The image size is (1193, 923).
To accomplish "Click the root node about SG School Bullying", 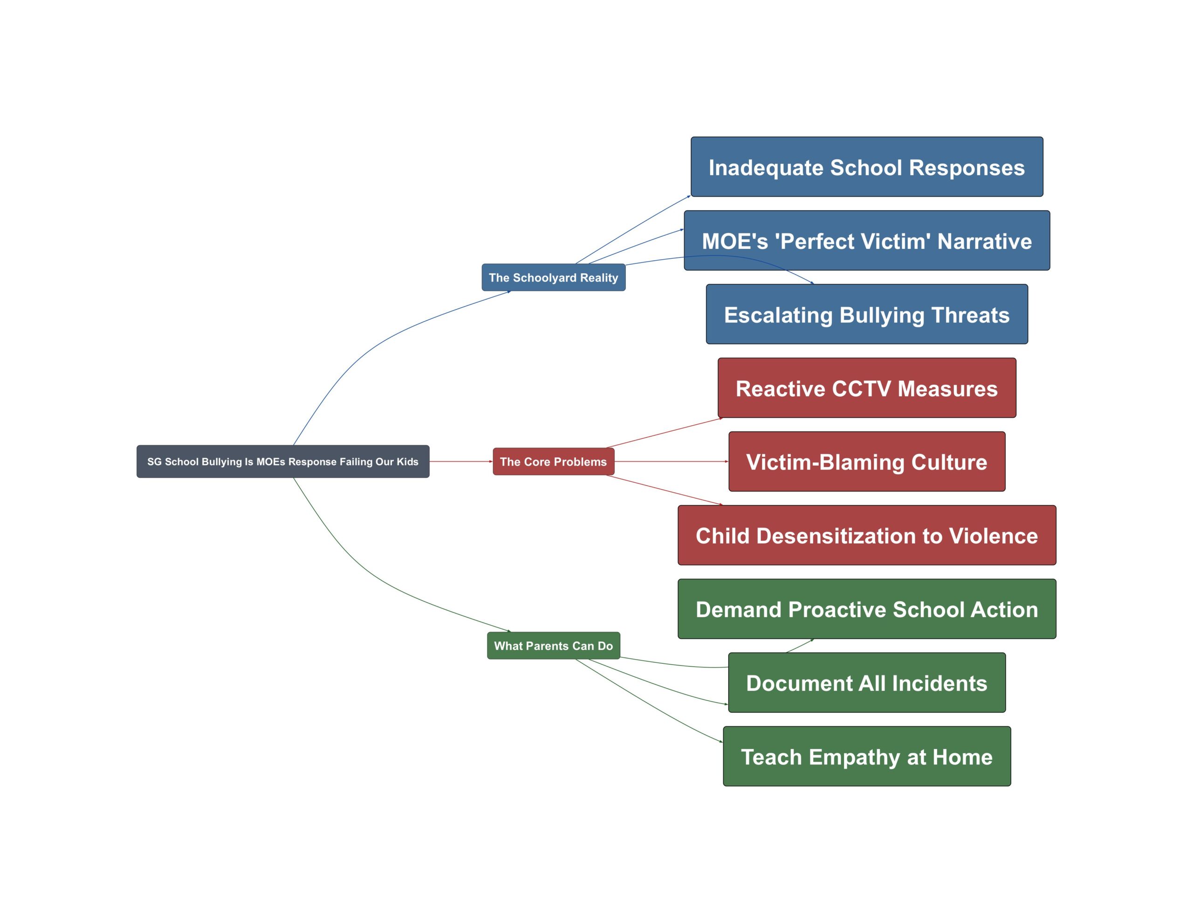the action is point(283,461).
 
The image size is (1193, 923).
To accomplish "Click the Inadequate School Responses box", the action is point(867,167).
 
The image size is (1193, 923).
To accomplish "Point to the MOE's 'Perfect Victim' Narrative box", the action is point(867,241).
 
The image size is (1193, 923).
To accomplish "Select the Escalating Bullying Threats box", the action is point(867,314).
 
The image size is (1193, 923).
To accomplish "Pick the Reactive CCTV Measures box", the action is point(867,388).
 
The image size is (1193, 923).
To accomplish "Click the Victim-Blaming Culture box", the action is point(867,462).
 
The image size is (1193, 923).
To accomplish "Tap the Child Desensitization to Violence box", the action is point(867,536).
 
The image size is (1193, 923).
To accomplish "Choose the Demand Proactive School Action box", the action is point(867,609).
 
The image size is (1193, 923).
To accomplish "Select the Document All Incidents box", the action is point(867,682).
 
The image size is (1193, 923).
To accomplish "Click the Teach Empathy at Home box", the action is point(867,756).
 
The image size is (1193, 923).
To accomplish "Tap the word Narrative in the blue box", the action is point(984,241).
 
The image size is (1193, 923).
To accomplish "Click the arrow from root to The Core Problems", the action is point(461,461).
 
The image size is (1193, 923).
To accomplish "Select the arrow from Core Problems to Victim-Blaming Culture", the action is point(672,461).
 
